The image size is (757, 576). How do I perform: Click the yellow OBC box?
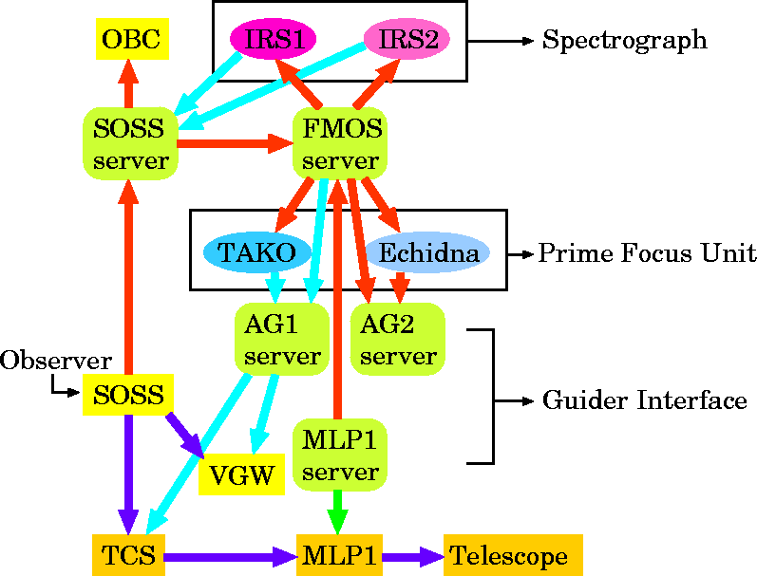point(131,39)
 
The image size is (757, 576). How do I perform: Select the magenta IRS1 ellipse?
point(274,39)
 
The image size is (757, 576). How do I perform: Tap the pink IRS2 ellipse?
point(406,39)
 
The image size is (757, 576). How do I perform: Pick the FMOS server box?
point(339,143)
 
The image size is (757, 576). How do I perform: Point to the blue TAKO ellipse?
point(257,252)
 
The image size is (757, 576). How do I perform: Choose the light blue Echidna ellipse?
point(428,252)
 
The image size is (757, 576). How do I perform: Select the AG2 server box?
point(399,340)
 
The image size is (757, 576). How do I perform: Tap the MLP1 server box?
point(340,455)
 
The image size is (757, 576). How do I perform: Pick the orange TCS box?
point(128,555)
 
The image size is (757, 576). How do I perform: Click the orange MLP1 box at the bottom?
point(340,555)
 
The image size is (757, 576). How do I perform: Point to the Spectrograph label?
point(624,40)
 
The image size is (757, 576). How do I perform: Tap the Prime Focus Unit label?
point(646,253)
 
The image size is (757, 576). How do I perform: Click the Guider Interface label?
point(644,400)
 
